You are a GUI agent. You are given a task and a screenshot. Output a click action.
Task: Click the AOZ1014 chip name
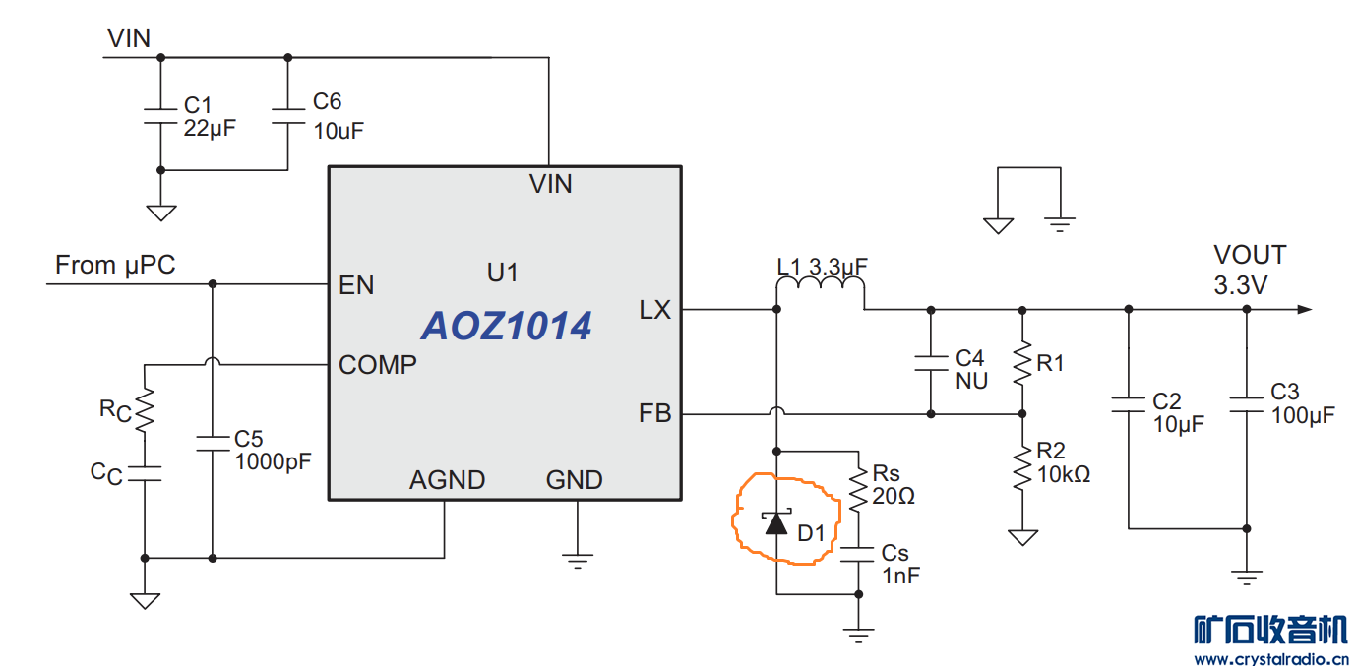pos(507,327)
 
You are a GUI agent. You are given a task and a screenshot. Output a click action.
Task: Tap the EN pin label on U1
pos(356,285)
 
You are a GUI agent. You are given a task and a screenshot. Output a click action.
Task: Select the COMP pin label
pos(378,365)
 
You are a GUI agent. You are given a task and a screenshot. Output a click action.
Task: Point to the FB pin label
pos(655,414)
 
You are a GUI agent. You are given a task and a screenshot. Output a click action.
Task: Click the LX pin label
pos(654,310)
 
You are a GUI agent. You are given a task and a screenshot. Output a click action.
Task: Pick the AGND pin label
pos(448,480)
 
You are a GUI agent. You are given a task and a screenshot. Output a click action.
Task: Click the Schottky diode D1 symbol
pos(776,522)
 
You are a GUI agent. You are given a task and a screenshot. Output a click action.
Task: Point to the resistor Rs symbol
pos(859,488)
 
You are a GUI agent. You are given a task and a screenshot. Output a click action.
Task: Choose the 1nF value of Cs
pos(900,576)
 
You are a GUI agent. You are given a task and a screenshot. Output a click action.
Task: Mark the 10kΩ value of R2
pos(1064,474)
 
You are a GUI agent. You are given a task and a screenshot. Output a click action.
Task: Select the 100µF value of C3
pos(1303,415)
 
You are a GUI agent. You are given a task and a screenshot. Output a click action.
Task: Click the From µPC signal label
pos(115,265)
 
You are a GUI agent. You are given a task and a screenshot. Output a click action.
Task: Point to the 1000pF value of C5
pos(273,461)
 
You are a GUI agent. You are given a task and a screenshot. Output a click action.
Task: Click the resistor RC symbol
pos(145,408)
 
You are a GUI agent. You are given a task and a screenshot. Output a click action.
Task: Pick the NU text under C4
pos(971,381)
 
